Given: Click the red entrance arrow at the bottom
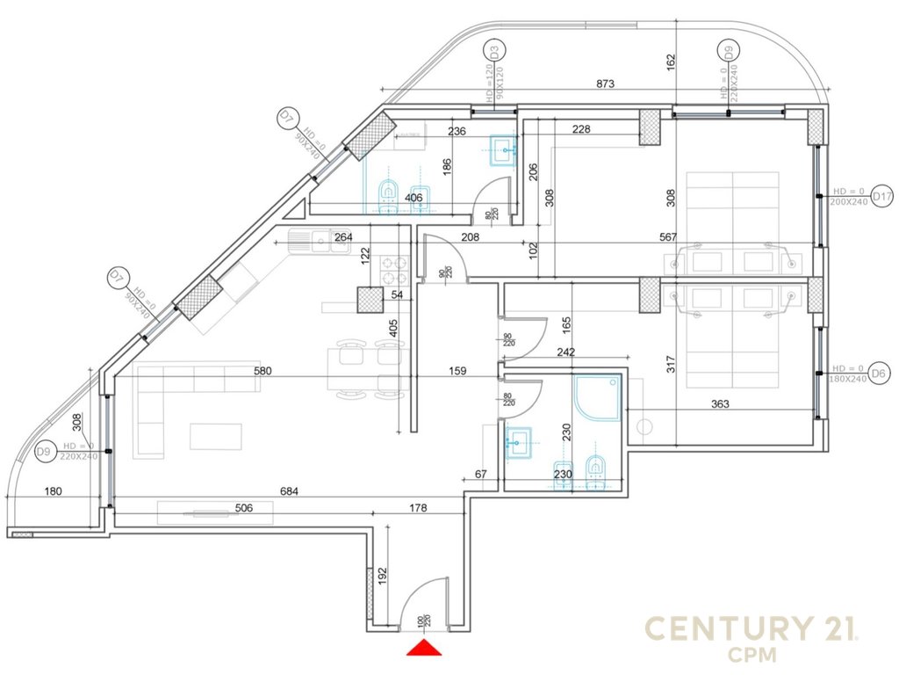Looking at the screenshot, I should point(424,649).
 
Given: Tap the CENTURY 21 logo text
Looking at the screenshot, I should point(751,629).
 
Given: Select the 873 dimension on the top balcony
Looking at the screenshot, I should point(605,83).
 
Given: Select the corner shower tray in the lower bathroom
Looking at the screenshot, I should point(597,398).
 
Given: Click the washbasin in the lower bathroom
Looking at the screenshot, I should point(520,442).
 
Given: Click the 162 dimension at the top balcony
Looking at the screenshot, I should point(671,62).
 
